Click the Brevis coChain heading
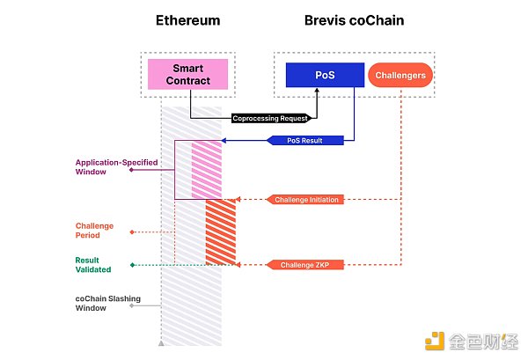pos(356,20)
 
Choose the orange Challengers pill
pos(400,75)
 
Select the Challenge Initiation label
pos(307,200)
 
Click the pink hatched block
pos(207,169)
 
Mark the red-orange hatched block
pos(221,231)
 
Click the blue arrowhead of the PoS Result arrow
pos(224,141)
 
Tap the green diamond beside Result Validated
pos(132,264)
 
